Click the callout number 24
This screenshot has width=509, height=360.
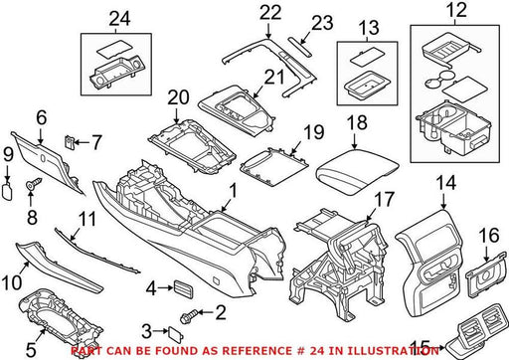pos(120,19)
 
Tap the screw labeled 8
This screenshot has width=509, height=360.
pos(34,183)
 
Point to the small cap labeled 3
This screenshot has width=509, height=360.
pos(175,332)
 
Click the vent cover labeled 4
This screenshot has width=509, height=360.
pos(183,289)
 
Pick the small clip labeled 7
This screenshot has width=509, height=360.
pos(69,142)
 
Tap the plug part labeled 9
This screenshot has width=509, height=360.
pos(7,191)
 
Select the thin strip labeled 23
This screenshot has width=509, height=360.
pos(299,46)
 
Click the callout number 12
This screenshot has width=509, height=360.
pos(456,10)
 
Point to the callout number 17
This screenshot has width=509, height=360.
pos(384,199)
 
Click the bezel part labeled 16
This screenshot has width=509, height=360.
pos(486,274)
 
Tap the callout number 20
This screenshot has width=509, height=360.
pos(178,97)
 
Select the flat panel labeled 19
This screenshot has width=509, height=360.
pos(274,166)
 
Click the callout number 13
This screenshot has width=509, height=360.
pos(369,28)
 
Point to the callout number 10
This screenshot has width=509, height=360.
pos(12,282)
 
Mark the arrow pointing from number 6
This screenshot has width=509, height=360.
pos(41,136)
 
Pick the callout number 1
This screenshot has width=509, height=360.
pos(234,191)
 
